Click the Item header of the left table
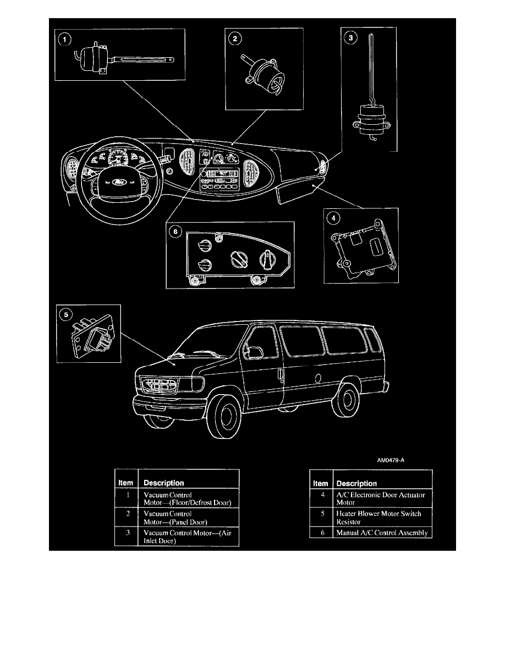[x=126, y=483]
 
